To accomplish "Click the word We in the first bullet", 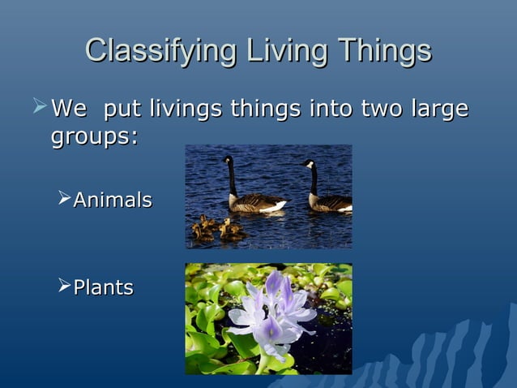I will tap(68, 108).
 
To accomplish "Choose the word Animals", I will tap(113, 200).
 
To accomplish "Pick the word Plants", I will tap(104, 287).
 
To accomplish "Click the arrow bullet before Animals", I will tap(65, 199).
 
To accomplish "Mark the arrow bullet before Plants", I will tap(65, 287).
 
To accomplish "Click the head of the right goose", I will tap(308, 165).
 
